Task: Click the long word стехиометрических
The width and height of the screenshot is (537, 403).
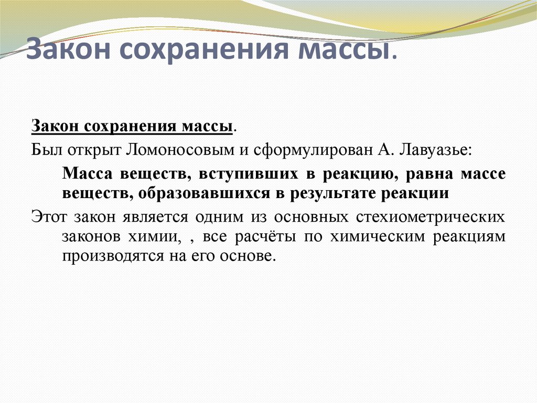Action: [420, 216]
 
